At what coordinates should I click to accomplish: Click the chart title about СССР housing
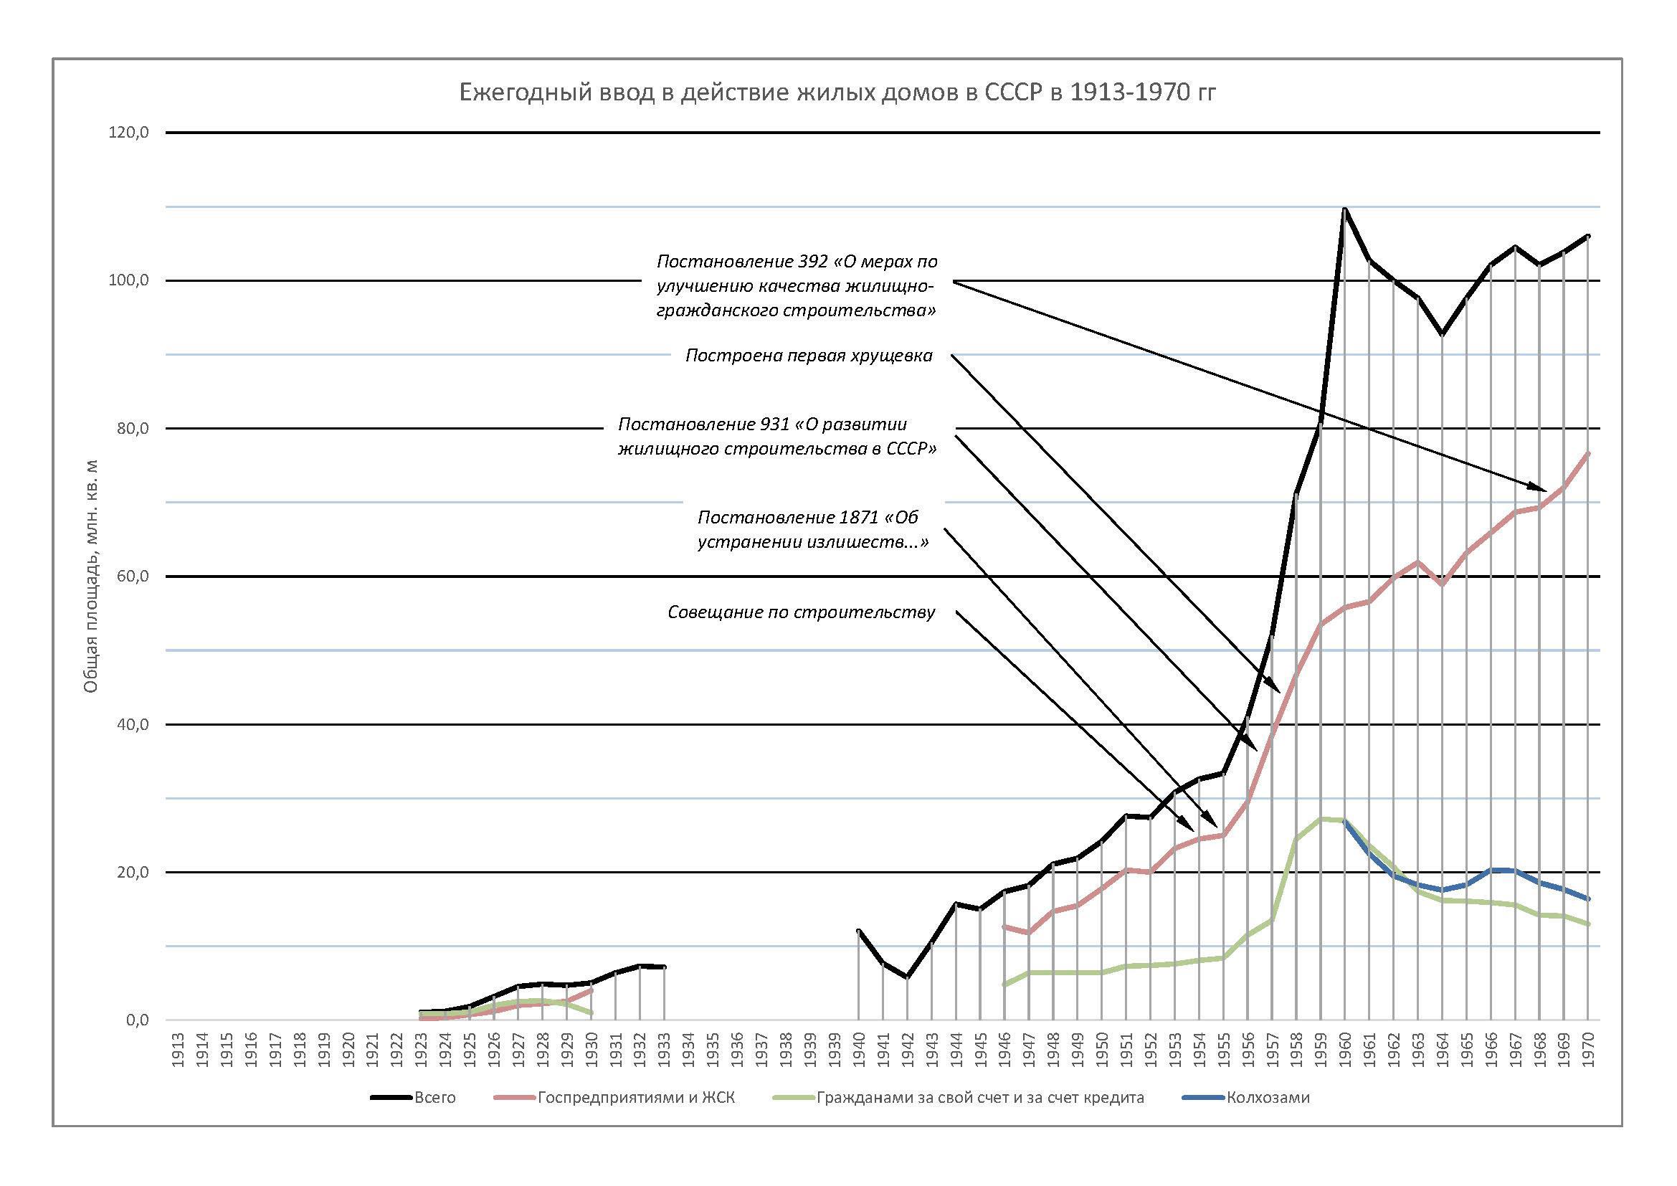[x=837, y=92]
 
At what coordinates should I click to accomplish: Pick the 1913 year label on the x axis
[x=179, y=1050]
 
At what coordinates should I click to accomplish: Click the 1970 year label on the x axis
[x=1588, y=1050]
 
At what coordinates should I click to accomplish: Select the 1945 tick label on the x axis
[x=980, y=1050]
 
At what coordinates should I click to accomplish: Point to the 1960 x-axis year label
[x=1344, y=1050]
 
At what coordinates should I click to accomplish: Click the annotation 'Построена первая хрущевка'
[x=809, y=356]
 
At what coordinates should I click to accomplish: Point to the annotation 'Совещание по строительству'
[x=802, y=612]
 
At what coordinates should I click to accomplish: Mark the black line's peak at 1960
[x=1344, y=209]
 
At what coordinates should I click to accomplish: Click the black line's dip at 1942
[x=907, y=977]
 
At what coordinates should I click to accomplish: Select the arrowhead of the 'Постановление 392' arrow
[x=1543, y=488]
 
